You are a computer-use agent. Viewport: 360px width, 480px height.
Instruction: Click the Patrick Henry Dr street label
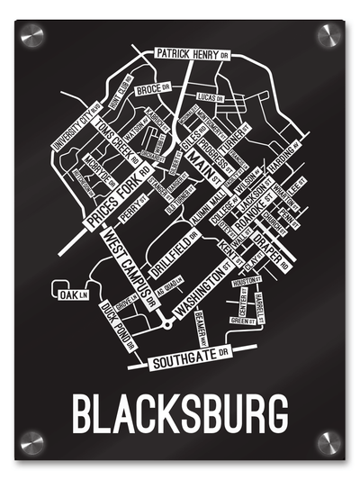point(192,53)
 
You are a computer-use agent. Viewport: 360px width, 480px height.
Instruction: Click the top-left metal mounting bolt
point(32,37)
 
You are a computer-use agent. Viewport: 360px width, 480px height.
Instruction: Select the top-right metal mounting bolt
point(328,37)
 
